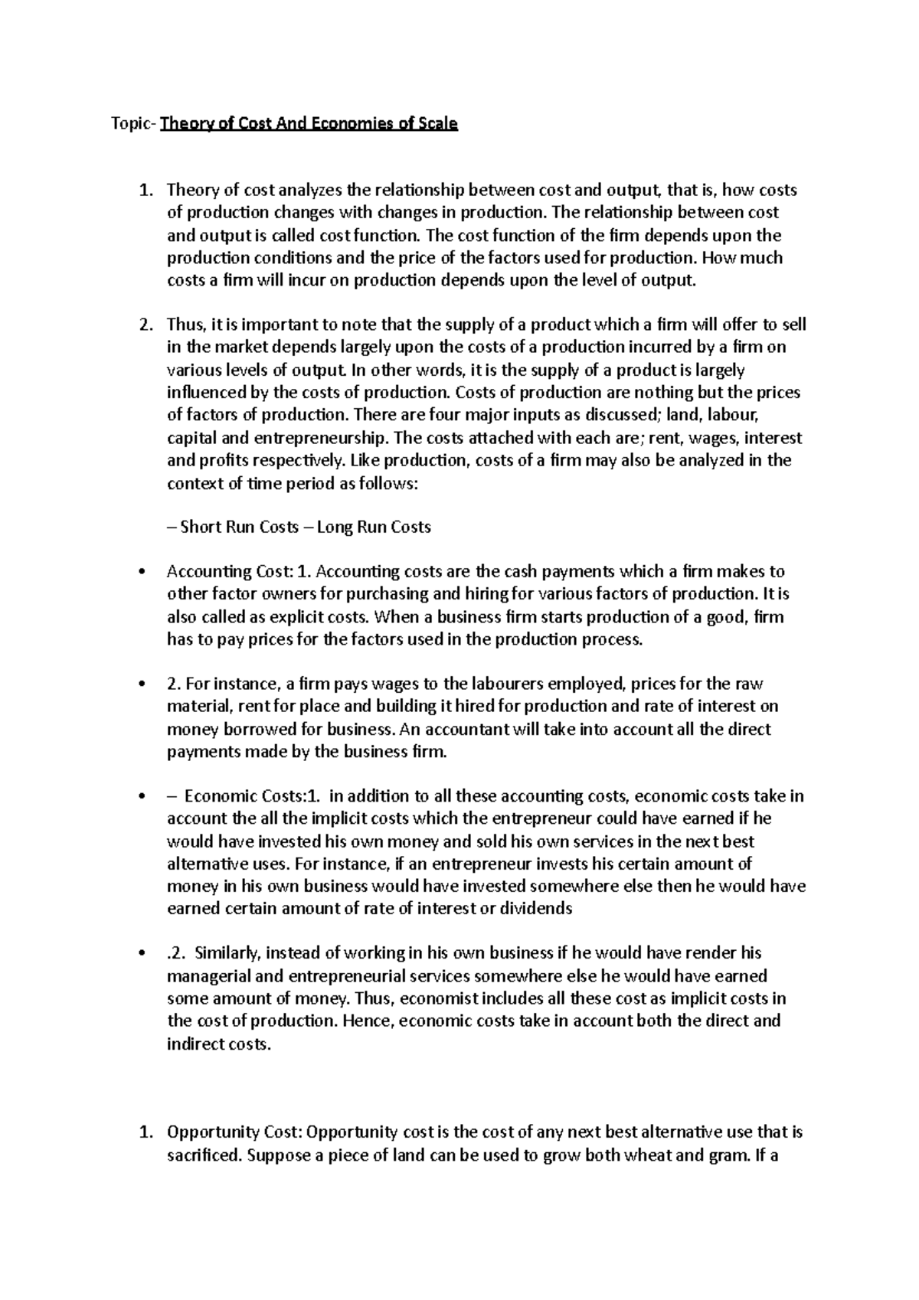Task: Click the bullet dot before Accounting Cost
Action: [139, 572]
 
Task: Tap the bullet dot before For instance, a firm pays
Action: [139, 684]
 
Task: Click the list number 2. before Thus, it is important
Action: [146, 325]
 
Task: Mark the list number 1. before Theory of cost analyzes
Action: [146, 190]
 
